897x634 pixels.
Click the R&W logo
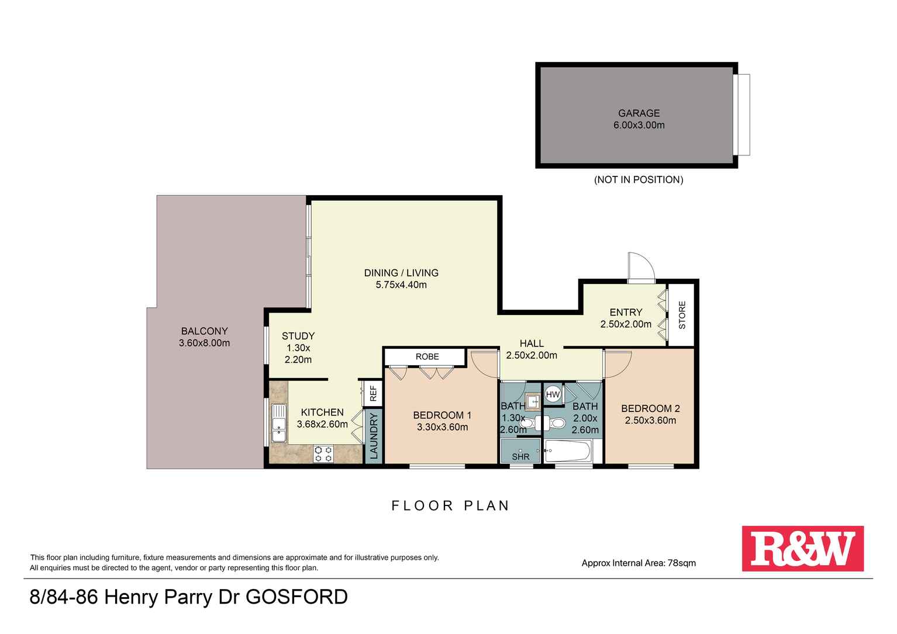pos(802,548)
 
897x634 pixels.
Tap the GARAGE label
pos(639,113)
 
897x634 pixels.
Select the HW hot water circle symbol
pos(553,394)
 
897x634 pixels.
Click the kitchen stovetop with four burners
pos(323,454)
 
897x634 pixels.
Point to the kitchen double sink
pos(278,422)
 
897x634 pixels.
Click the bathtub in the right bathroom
pos(568,451)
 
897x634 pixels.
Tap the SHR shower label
pos(520,456)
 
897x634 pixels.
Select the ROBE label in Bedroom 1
pos(427,356)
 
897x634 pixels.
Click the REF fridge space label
pos(372,393)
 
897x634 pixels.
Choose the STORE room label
pos(682,315)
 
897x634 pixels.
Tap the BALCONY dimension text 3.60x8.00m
pos(204,343)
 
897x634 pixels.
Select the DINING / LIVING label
pos(401,273)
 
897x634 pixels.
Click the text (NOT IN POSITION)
pos(639,179)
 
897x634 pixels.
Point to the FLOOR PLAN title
pos(450,505)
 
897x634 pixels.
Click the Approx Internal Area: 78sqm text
pos(639,563)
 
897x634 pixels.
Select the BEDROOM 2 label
pos(650,408)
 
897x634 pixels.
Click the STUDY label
pos(298,336)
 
